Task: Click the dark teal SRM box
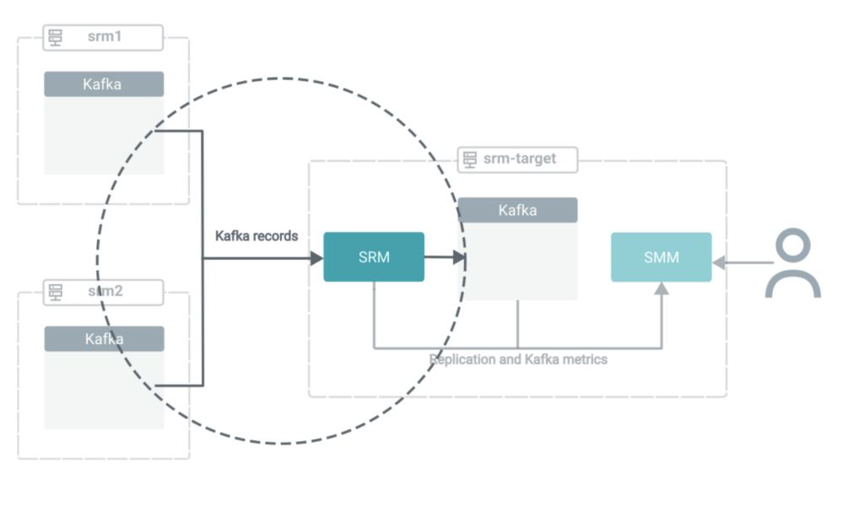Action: tap(374, 257)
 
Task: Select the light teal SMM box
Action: tap(661, 257)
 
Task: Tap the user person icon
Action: tap(792, 265)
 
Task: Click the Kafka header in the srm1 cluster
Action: tap(103, 84)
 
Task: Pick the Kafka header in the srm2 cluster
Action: tap(103, 339)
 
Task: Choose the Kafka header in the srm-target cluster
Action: tap(517, 210)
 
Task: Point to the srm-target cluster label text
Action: tap(519, 159)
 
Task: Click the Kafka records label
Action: tap(256, 236)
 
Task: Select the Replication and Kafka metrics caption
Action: tap(518, 359)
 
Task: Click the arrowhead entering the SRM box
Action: tap(316, 257)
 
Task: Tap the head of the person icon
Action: tap(792, 247)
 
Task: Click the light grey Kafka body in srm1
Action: tap(103, 135)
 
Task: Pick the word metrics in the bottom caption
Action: tap(585, 359)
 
